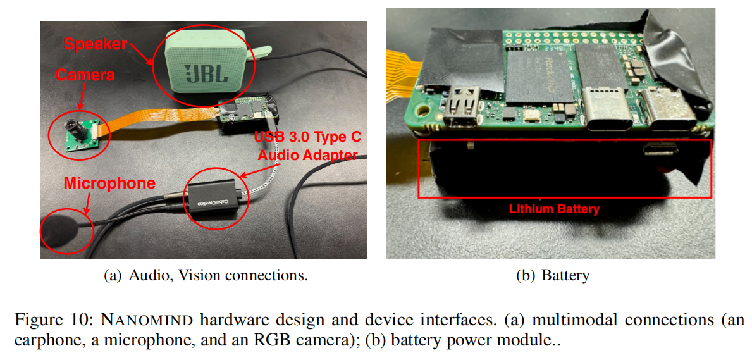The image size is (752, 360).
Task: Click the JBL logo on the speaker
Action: (x=206, y=73)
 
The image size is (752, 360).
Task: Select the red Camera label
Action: (x=85, y=75)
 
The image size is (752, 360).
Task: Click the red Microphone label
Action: (x=109, y=183)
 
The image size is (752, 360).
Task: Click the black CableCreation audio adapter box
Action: (x=213, y=201)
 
